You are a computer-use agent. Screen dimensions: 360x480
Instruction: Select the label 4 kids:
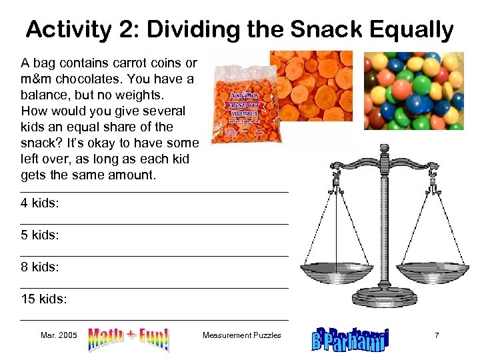pos(40,203)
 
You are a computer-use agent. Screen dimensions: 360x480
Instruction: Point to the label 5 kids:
pos(40,235)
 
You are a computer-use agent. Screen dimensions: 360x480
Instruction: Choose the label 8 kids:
pos(40,267)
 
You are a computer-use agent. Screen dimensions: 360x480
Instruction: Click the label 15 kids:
pos(44,299)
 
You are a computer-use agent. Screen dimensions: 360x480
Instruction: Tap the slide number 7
pos(437,335)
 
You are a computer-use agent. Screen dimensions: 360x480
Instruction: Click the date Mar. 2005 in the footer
pos(59,335)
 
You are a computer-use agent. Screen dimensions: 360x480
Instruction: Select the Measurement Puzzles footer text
pos(242,335)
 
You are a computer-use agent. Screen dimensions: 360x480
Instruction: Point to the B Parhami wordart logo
pos(350,339)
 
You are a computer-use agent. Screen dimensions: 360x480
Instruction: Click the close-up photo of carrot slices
pos(311,85)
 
